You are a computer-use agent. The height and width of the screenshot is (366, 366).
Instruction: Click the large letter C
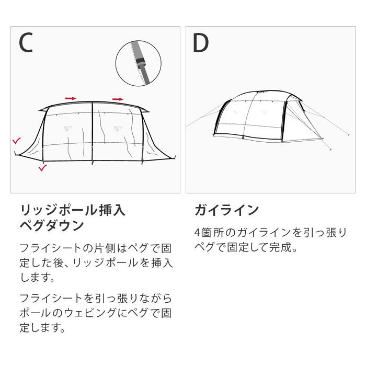(26, 43)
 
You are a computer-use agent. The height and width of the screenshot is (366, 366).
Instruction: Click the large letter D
(200, 43)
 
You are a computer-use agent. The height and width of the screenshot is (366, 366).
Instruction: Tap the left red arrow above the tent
(71, 98)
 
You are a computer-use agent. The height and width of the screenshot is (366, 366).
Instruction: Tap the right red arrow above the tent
(118, 99)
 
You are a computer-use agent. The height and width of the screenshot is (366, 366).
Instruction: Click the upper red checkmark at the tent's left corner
(17, 141)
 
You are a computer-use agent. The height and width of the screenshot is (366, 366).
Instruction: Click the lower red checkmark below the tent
(43, 168)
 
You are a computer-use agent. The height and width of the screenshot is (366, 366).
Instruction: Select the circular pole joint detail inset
(139, 63)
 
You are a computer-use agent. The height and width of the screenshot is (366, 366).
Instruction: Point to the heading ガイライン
(226, 210)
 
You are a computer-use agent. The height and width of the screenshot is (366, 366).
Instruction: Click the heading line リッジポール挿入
(73, 210)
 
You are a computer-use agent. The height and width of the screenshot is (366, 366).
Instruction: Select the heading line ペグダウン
(52, 225)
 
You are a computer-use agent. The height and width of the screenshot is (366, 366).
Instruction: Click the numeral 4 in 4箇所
(197, 233)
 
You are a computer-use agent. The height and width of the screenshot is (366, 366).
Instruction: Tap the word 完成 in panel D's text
(281, 247)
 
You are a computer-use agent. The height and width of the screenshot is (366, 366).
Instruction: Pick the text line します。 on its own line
(37, 277)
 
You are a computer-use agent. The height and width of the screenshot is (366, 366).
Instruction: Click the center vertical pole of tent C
(93, 133)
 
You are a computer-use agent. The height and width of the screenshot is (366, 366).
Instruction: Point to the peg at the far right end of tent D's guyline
(349, 135)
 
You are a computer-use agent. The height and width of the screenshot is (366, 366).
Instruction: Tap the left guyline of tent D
(205, 116)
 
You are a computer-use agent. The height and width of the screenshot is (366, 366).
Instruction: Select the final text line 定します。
(42, 328)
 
